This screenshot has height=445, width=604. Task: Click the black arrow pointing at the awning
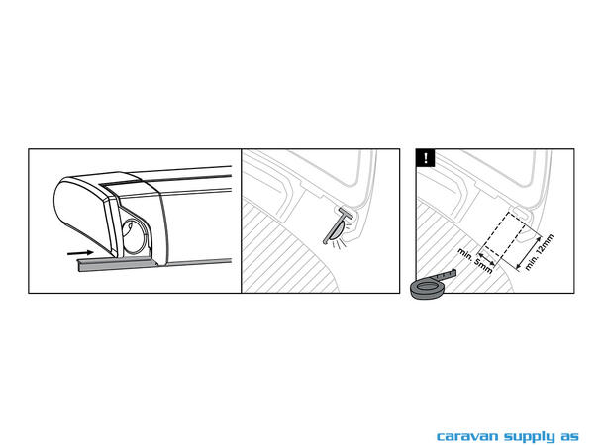click(x=80, y=253)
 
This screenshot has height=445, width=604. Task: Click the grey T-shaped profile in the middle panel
click(x=339, y=224)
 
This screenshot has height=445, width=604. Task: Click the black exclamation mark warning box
click(x=425, y=158)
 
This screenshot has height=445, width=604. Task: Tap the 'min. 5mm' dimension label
click(x=475, y=261)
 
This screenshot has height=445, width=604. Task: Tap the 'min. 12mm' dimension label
click(x=539, y=252)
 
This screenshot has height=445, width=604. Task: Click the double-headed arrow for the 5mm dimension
click(x=486, y=259)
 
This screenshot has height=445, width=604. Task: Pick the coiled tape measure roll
click(x=428, y=290)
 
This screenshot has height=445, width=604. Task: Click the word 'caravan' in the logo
click(x=467, y=436)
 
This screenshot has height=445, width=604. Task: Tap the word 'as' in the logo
click(x=569, y=437)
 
